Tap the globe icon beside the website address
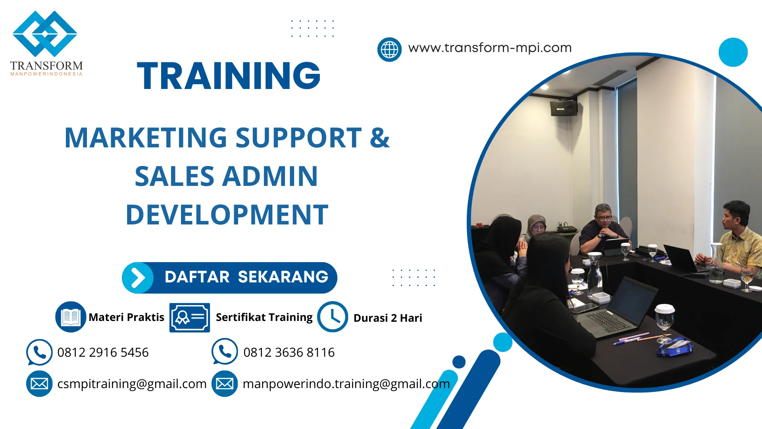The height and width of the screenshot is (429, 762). pyautogui.click(x=389, y=50)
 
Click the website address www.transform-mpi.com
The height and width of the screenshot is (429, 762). pyautogui.click(x=490, y=48)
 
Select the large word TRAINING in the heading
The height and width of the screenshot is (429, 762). pyautogui.click(x=229, y=75)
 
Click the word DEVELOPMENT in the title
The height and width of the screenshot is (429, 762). pyautogui.click(x=227, y=215)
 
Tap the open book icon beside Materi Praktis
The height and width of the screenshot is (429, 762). pyautogui.click(x=71, y=317)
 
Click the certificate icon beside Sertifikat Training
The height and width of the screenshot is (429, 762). pyautogui.click(x=189, y=317)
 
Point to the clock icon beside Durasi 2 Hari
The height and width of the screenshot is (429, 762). pyautogui.click(x=333, y=317)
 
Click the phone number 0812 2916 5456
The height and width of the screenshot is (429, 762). pyautogui.click(x=103, y=352)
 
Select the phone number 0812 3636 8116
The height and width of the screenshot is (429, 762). pyautogui.click(x=289, y=352)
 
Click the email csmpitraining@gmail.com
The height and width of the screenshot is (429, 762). pyautogui.click(x=132, y=384)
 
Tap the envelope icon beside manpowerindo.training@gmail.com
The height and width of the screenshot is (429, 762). pyautogui.click(x=225, y=384)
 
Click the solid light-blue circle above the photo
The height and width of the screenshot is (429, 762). pyautogui.click(x=733, y=52)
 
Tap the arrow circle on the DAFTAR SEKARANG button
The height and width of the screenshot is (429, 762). pyautogui.click(x=138, y=278)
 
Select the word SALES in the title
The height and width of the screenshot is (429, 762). pyautogui.click(x=175, y=176)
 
